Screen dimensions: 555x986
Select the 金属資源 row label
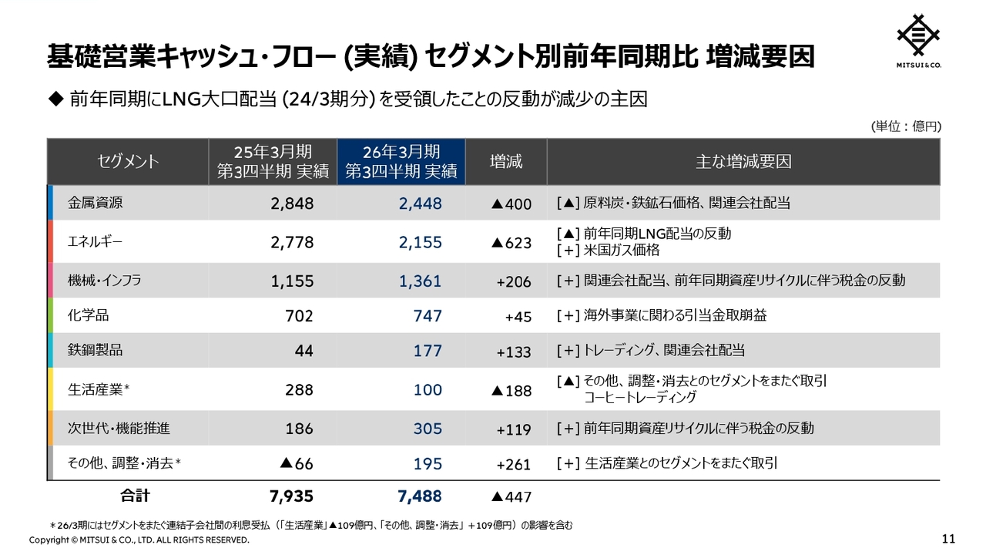coord(96,203)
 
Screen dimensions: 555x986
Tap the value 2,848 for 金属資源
coord(292,203)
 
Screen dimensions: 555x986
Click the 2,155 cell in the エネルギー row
coord(421,242)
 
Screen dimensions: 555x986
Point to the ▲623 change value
coord(511,243)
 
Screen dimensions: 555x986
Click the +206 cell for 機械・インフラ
coord(514,281)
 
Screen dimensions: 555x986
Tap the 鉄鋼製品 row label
coord(96,350)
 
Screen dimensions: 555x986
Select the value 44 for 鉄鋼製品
coord(304,351)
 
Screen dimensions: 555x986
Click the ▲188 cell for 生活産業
coord(511,391)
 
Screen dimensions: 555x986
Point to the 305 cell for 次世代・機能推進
coord(428,429)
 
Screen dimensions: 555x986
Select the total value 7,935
coord(292,496)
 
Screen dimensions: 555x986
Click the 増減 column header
coord(506,162)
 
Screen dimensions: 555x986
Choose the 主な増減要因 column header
coord(743,162)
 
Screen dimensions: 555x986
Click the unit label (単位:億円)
coord(906,126)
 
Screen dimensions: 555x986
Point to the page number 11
coord(948,538)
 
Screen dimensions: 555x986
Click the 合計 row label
coord(135,495)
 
